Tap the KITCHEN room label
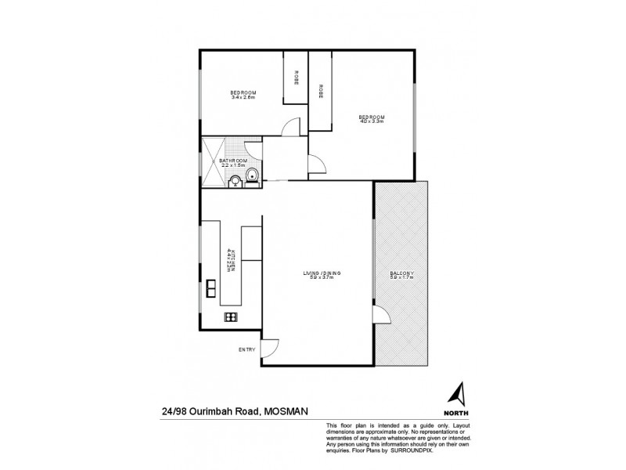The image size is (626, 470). click(231, 258)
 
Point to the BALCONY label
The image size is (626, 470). click(401, 275)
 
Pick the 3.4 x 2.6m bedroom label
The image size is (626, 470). click(243, 95)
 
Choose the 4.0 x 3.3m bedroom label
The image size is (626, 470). click(372, 119)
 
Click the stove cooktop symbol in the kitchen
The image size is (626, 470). click(231, 316)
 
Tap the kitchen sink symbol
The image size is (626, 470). click(211, 288)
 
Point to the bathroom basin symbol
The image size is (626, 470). click(235, 183)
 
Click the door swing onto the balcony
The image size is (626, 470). click(382, 315)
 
